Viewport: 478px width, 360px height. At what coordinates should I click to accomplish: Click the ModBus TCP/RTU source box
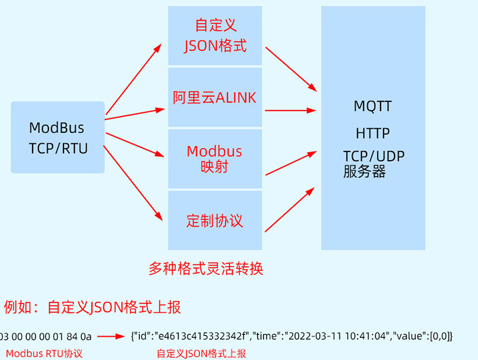point(58,137)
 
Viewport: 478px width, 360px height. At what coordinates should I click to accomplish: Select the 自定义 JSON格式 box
point(215,36)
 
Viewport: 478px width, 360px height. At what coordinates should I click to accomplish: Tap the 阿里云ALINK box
point(215,97)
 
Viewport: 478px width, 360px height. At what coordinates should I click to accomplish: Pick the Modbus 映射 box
point(215,158)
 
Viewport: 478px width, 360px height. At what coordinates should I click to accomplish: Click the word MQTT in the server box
point(372,107)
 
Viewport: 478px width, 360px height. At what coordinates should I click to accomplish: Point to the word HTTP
point(372,133)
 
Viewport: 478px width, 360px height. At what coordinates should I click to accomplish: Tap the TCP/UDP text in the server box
point(374,156)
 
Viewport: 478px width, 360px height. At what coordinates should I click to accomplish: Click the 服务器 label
point(364,172)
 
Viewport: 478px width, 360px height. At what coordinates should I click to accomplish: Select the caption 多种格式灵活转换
point(206,269)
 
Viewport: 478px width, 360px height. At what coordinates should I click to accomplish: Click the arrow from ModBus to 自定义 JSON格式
point(133,78)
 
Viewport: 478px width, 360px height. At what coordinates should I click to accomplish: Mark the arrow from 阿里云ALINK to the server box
point(290,110)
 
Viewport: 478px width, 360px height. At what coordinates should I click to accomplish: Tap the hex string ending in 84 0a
point(46,336)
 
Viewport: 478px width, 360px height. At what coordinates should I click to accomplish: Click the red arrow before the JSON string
point(111,336)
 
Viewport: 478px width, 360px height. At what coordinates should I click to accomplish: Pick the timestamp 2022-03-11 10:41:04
point(337,336)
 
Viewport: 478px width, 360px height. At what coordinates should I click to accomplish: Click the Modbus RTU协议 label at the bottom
point(44,353)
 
